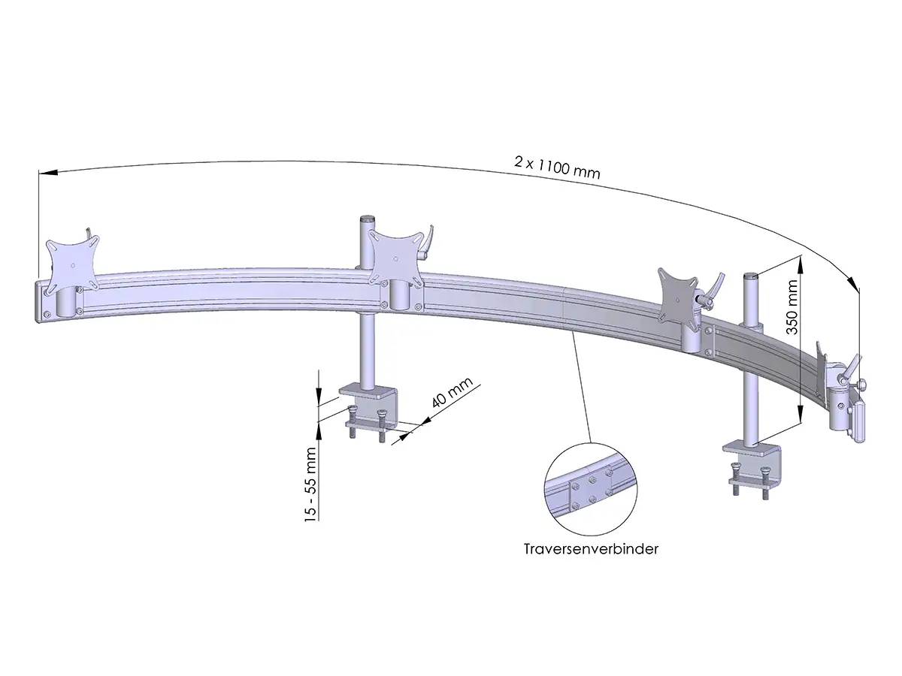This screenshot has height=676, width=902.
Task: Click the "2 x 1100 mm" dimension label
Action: [x=557, y=166]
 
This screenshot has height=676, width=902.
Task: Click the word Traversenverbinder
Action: [x=591, y=549]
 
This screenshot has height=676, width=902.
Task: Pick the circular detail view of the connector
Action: [x=589, y=489]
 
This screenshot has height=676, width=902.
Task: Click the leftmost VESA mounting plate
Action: [x=72, y=264]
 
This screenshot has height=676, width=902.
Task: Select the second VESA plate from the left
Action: [x=394, y=255]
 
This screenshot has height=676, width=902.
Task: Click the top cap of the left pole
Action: [x=368, y=219]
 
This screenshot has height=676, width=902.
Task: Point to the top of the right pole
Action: [x=750, y=276]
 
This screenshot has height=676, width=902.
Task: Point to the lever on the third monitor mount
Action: [x=714, y=286]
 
